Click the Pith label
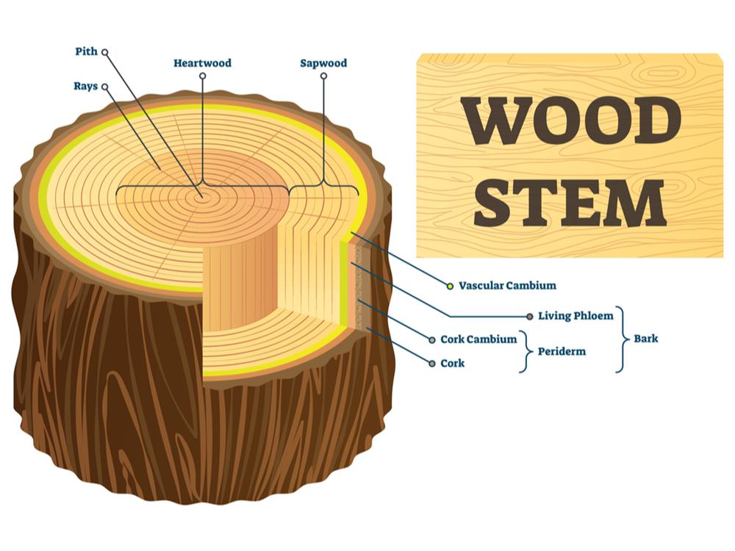(86, 52)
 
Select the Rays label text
(85, 87)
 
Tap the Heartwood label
(202, 63)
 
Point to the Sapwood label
(323, 63)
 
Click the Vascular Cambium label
(507, 285)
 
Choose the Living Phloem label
(575, 316)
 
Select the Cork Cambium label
(478, 339)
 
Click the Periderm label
(562, 351)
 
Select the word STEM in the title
(570, 200)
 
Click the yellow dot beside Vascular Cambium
(450, 285)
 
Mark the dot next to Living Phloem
(529, 316)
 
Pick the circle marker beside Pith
(104, 52)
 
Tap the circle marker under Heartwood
(202, 76)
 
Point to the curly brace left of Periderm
(525, 351)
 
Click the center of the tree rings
(199, 196)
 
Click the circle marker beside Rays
(104, 87)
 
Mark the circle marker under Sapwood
(323, 76)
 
